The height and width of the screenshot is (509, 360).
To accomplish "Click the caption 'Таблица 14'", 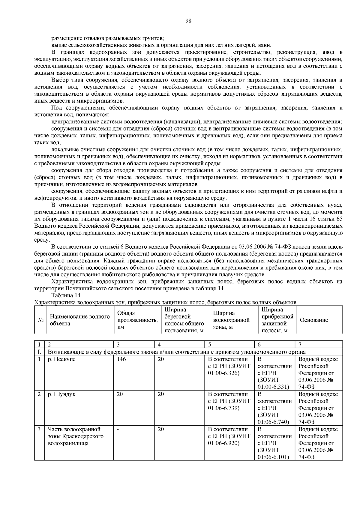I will click(x=66, y=295).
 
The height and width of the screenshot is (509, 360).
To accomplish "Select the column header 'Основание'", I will click(x=314, y=320).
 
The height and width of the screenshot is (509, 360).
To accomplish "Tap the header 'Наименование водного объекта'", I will click(x=80, y=320).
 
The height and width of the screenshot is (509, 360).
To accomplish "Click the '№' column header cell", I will click(x=40, y=320).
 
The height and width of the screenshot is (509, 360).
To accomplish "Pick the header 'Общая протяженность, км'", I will click(x=137, y=320).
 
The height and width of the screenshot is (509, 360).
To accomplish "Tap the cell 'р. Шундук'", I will click(x=61, y=394).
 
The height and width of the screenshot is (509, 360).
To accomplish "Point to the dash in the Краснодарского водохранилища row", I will click(x=118, y=430).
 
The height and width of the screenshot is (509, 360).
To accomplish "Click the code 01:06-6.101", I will click(x=273, y=457).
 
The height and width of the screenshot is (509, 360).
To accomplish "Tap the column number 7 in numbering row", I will click(x=300, y=344).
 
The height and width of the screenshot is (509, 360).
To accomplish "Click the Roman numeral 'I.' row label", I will click(x=39, y=352).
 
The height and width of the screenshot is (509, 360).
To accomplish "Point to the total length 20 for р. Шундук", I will click(x=120, y=394).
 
